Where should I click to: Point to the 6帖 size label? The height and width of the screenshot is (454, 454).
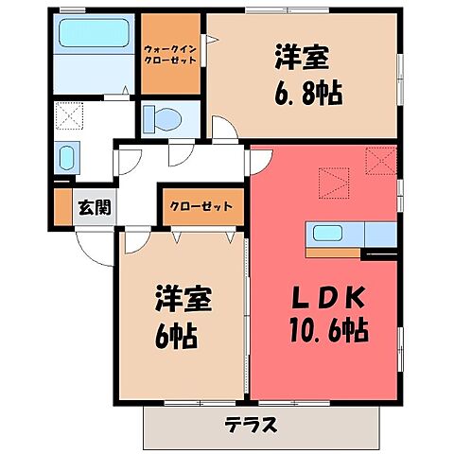click(x=177, y=334)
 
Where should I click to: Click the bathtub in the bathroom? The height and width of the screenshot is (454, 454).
click(x=92, y=36)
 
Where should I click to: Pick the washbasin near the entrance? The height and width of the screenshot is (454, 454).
click(x=66, y=158)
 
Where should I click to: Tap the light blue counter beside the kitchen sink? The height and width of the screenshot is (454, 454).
click(x=378, y=234)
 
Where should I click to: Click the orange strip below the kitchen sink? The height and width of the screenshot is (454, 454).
click(x=333, y=253)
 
